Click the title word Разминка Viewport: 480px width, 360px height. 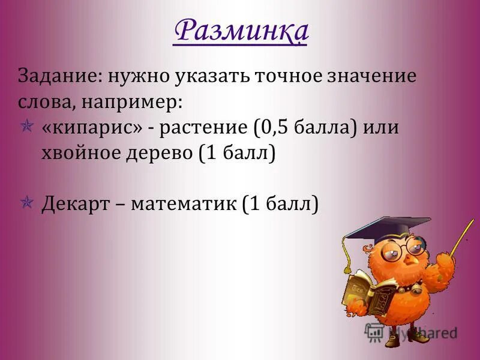click(x=241, y=31)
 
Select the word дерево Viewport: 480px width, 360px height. click(x=164, y=154)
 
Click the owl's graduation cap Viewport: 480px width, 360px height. click(x=390, y=229)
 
